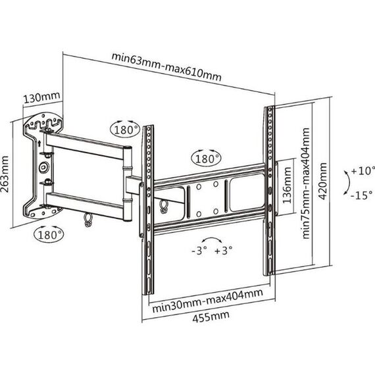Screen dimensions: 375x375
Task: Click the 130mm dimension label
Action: click(x=41, y=97)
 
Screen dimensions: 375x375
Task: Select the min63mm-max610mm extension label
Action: click(x=166, y=67)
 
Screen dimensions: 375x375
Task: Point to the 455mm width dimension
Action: click(x=211, y=316)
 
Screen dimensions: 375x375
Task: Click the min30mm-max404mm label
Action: click(x=208, y=301)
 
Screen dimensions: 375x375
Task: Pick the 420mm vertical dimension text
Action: click(x=322, y=181)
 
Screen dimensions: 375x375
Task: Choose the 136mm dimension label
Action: click(x=287, y=186)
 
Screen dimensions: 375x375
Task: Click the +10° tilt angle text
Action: click(x=362, y=171)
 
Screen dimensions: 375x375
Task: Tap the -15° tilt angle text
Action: click(x=362, y=195)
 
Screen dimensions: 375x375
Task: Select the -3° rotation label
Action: click(x=199, y=251)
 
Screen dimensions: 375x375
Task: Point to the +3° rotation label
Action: click(x=223, y=251)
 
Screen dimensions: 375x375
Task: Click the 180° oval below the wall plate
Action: click(x=49, y=234)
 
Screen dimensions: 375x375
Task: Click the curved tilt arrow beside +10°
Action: click(x=349, y=182)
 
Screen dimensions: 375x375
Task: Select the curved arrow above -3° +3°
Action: click(x=211, y=238)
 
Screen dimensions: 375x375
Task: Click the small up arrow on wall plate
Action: click(x=39, y=143)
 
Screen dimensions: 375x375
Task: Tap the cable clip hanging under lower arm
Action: click(x=87, y=220)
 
